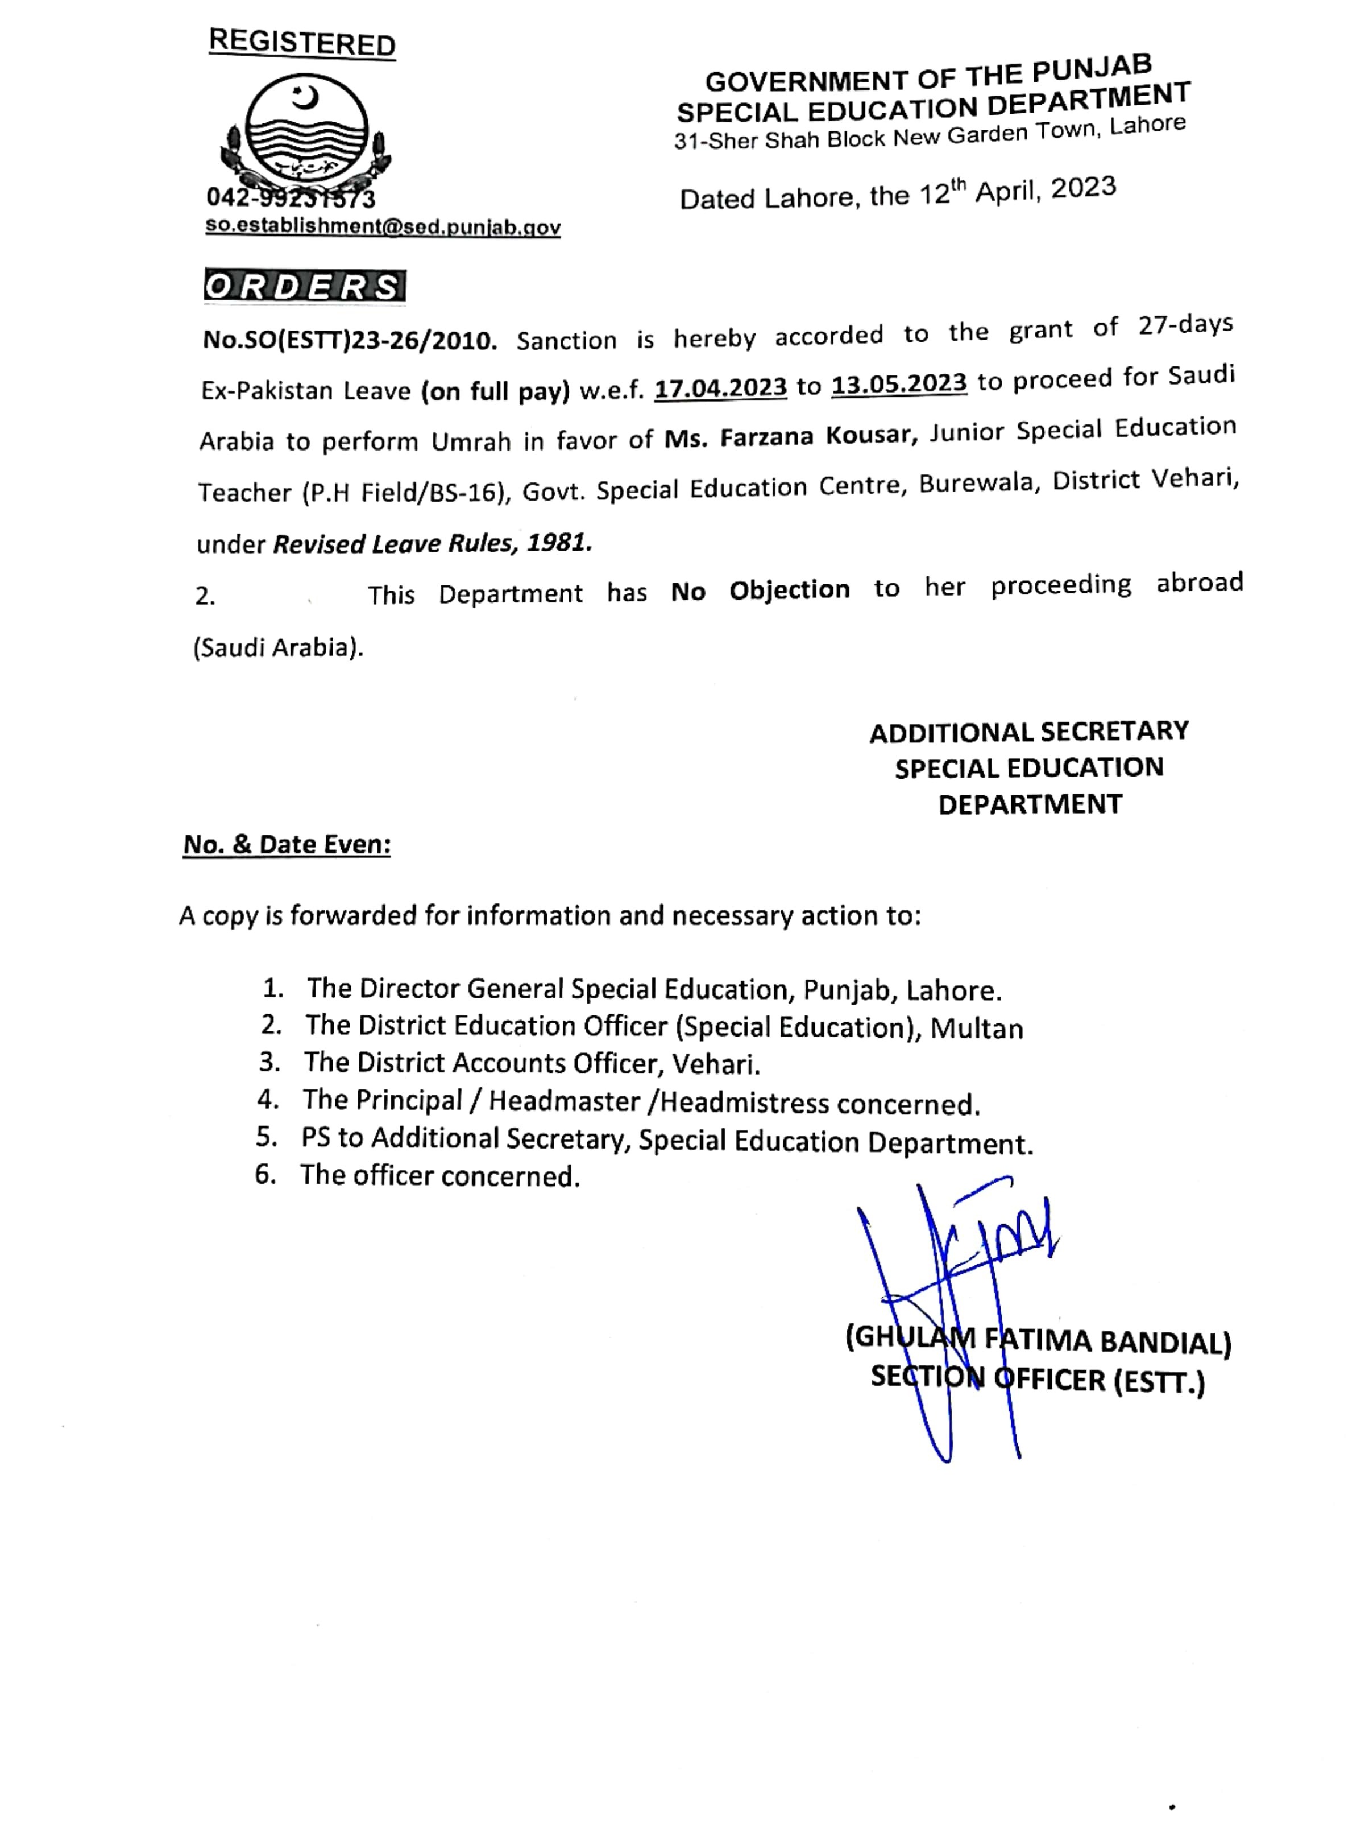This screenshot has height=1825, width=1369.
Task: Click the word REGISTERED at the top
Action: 302,42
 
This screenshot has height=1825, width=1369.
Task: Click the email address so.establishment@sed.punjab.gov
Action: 383,227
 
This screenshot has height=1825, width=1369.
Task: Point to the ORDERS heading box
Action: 304,286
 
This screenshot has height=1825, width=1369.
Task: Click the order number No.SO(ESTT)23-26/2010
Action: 350,340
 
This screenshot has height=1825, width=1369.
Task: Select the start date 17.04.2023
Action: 721,387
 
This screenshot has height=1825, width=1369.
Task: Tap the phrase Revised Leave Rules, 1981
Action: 432,543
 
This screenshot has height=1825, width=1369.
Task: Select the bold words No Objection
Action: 760,591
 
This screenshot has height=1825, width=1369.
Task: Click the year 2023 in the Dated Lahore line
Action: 1084,188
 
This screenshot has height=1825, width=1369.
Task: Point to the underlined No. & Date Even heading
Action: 286,844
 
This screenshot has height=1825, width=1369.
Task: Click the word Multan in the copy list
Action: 977,1028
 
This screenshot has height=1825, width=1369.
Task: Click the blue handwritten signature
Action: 957,1287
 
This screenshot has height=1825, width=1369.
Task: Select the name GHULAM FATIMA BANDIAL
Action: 1038,1341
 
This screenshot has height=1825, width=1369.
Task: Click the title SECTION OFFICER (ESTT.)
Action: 1038,1380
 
